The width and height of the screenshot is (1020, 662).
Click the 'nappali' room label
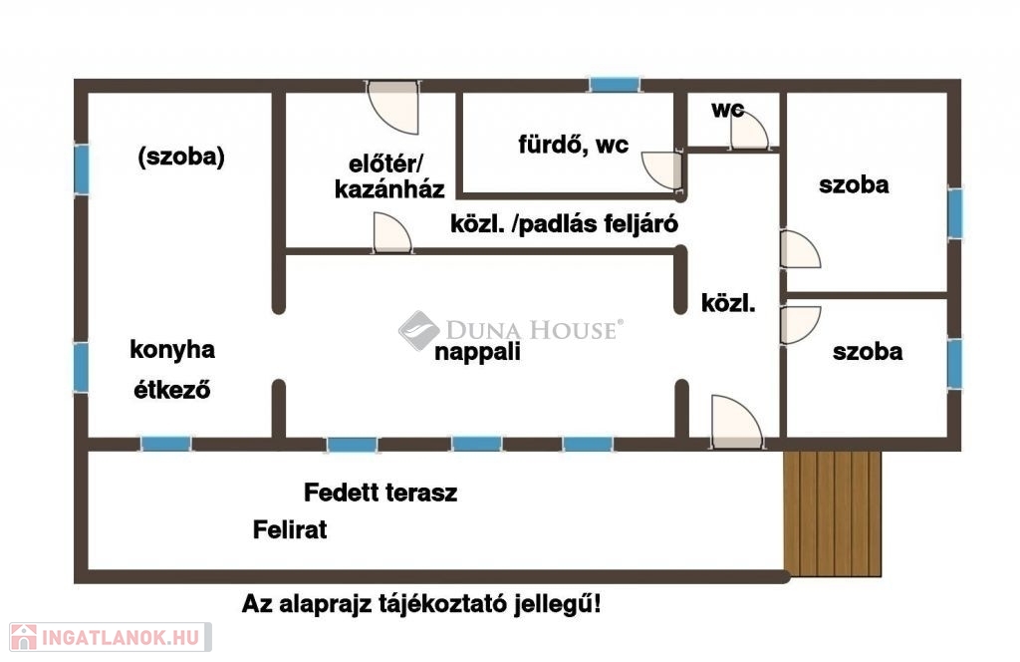[x=477, y=352]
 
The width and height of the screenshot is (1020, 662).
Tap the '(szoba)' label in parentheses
[x=181, y=157]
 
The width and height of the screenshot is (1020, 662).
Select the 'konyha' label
[x=172, y=350]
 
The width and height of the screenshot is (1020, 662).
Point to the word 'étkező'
[x=171, y=389]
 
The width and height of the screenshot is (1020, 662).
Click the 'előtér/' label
[x=385, y=164]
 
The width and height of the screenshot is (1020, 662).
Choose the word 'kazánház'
[x=389, y=189]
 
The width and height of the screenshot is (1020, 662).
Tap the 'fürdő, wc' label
[x=573, y=145]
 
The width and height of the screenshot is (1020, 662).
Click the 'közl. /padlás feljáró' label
[x=564, y=224]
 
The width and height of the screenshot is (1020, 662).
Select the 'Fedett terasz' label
[x=381, y=493]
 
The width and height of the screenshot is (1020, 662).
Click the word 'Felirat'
[x=290, y=529]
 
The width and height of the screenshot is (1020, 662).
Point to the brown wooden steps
[x=832, y=513]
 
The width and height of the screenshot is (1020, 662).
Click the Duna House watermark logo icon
[x=418, y=330]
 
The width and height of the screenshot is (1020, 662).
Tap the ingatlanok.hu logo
[x=111, y=637]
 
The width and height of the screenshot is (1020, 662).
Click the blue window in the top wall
[x=614, y=85]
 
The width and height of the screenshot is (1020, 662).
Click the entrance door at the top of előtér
[x=392, y=108]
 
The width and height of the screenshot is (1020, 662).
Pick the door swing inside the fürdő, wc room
[x=661, y=170]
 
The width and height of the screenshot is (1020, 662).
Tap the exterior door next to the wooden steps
[x=736, y=422]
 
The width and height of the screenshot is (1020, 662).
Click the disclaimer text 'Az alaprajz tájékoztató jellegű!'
[x=421, y=604]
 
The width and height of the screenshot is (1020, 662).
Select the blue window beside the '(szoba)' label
[x=82, y=169]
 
